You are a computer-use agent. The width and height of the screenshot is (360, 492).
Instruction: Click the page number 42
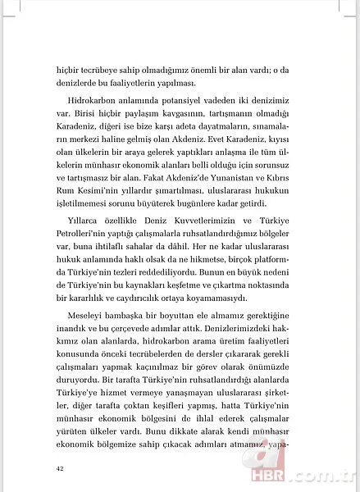point(60,468)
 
